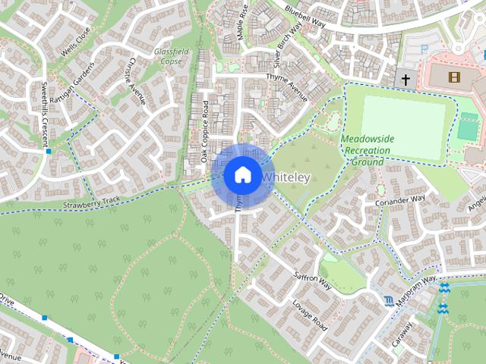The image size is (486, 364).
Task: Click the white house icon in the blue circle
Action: click(x=241, y=174)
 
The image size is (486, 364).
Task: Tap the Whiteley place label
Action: click(x=286, y=177)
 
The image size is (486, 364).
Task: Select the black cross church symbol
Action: click(x=406, y=79)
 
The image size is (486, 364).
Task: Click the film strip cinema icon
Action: click(x=454, y=77)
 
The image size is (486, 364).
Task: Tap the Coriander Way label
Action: click(x=400, y=201)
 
